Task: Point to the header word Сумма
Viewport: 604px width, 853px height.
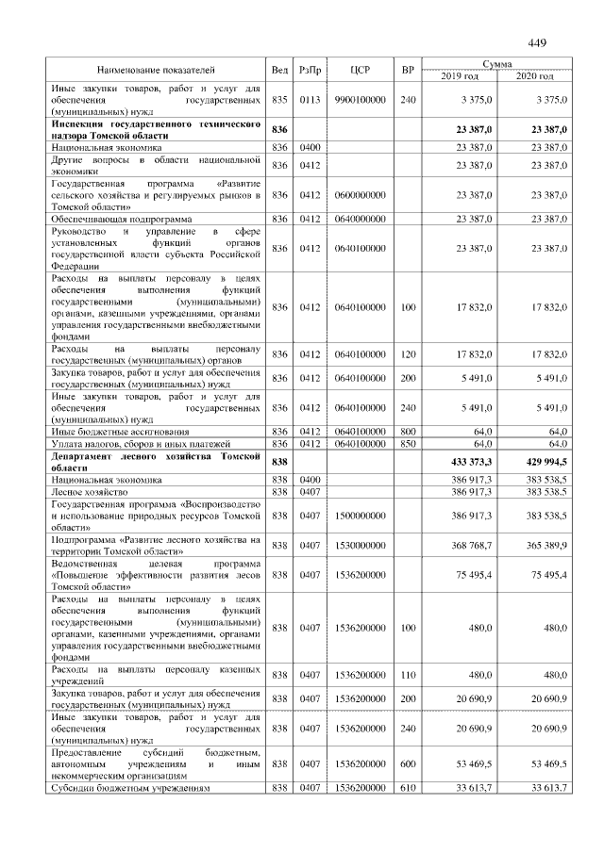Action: [496, 63]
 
